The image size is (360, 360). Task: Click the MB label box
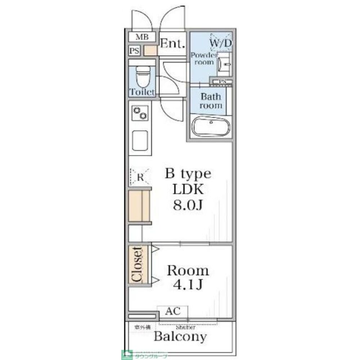(x=142, y=37)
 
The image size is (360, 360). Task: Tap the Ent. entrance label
(x=172, y=44)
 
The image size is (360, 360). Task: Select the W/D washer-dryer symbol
(x=221, y=43)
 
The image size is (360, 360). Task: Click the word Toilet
(x=142, y=92)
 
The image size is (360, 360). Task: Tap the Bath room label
(x=211, y=101)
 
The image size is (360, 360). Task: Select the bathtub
(x=211, y=126)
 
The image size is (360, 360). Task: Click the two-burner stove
(x=140, y=113)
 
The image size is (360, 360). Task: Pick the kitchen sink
(x=140, y=140)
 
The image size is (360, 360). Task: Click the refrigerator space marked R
(x=140, y=177)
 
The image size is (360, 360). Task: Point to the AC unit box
(x=172, y=311)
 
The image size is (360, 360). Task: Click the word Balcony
(x=180, y=337)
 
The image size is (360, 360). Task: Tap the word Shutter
(x=186, y=328)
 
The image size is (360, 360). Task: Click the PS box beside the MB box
(x=134, y=51)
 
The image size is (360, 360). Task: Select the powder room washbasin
(x=224, y=63)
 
